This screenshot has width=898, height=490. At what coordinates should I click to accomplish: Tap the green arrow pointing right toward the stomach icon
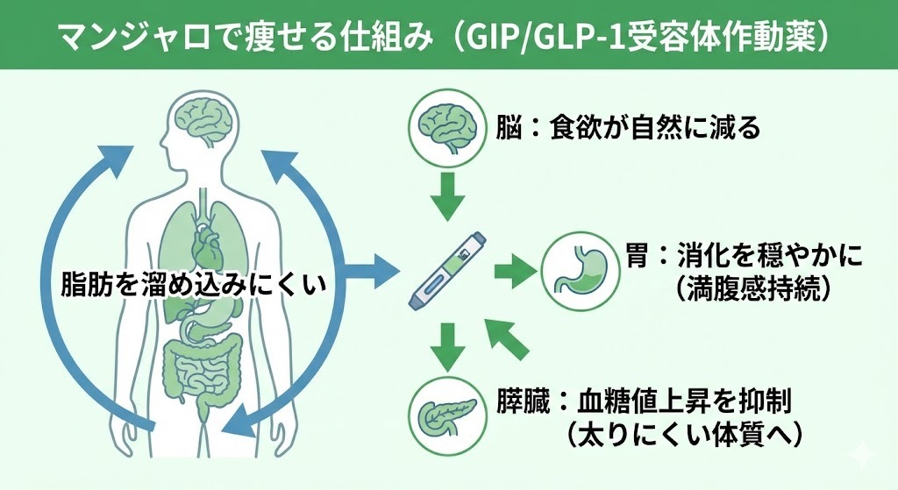click(x=512, y=271)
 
